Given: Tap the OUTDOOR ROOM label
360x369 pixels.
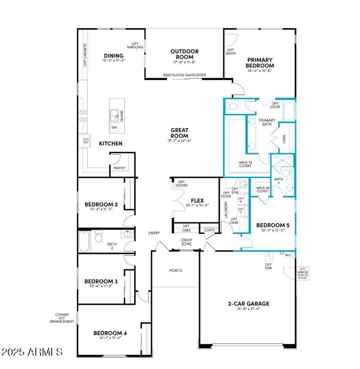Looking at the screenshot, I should (x=184, y=54).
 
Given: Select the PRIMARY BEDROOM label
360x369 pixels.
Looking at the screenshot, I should (x=260, y=63).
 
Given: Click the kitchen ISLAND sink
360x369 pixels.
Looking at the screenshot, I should (x=114, y=116).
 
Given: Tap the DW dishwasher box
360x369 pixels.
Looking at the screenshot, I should (x=114, y=127).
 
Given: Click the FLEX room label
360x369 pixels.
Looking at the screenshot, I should (x=197, y=200).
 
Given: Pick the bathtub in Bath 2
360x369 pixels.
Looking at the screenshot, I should (x=84, y=242).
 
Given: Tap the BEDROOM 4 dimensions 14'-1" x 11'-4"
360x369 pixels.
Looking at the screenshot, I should (x=110, y=338).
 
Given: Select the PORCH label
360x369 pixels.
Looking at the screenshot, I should (x=175, y=270).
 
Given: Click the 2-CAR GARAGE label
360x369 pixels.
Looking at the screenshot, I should (x=248, y=303).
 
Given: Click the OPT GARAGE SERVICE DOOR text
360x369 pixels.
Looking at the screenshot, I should (x=302, y=273).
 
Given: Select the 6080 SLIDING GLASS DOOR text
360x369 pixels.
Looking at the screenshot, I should (x=184, y=76).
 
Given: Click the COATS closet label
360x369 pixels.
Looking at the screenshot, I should (x=209, y=230).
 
